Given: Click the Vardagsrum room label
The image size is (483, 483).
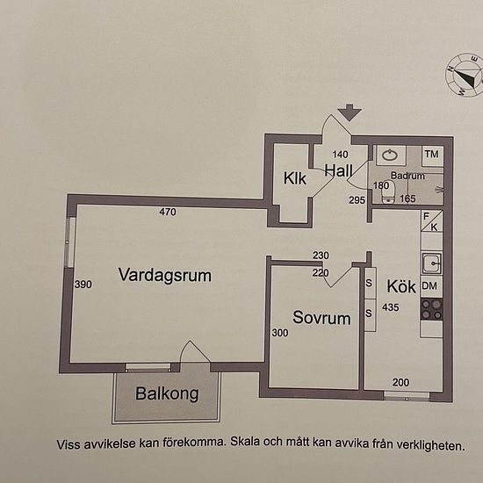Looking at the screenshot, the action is click(x=165, y=275).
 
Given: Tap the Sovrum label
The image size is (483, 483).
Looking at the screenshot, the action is click(x=321, y=318).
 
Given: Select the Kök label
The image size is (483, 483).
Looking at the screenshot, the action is click(x=401, y=286).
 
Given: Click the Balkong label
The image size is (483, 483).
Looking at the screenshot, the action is click(x=167, y=393).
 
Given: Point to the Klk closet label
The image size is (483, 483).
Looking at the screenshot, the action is click(x=295, y=178).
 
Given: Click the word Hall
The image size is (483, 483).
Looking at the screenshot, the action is click(x=338, y=170).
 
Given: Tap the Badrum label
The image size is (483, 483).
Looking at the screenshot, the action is click(x=407, y=176).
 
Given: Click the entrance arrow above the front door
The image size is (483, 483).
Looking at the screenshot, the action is click(x=350, y=112).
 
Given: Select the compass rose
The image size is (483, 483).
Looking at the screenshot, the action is click(x=465, y=76).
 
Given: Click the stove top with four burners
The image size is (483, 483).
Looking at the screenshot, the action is click(x=432, y=310).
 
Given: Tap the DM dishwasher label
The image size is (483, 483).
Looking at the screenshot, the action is click(x=429, y=286).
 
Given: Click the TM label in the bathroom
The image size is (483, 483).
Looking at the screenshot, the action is click(x=431, y=154).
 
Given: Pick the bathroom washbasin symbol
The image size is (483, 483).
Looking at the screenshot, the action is click(x=390, y=155).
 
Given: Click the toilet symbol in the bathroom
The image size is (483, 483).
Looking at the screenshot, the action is click(x=388, y=192).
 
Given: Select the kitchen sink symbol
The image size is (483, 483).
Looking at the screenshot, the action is click(x=431, y=263).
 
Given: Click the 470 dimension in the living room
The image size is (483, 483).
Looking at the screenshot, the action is click(x=168, y=212).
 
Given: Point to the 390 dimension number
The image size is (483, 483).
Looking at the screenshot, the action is click(x=83, y=285).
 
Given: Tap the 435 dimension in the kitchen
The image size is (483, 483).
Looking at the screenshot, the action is click(x=391, y=307).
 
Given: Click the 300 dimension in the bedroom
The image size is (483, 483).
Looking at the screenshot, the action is click(x=280, y=333).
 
